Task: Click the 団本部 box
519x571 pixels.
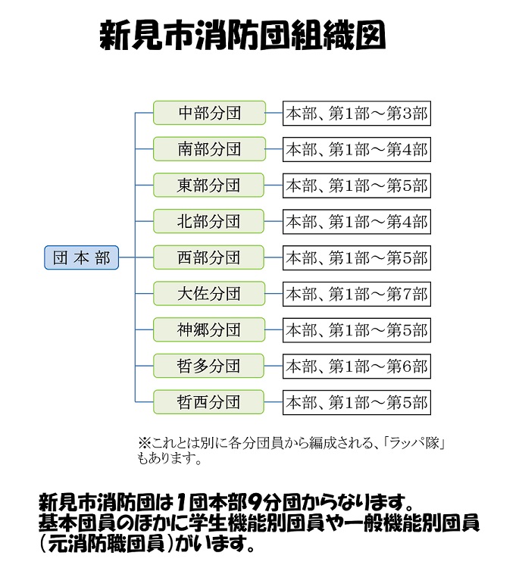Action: click(82, 258)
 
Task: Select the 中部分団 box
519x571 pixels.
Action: click(209, 114)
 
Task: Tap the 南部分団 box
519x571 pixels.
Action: click(209, 149)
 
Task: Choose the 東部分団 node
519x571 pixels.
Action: click(209, 186)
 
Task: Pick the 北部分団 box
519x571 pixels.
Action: click(209, 221)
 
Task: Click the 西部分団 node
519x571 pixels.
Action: click(209, 257)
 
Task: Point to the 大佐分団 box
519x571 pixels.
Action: click(209, 294)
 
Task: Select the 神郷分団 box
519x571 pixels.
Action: click(209, 329)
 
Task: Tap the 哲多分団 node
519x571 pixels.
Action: click(209, 366)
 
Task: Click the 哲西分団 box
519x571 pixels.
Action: click(209, 401)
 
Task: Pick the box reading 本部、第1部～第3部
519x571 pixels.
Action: click(356, 114)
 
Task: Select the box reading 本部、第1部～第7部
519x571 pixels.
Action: click(356, 294)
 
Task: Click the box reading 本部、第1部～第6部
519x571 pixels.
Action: click(356, 366)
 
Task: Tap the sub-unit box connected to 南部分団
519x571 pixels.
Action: click(356, 149)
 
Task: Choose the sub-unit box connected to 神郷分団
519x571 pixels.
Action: click(356, 329)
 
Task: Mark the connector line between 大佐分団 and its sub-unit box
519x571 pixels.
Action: click(274, 294)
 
